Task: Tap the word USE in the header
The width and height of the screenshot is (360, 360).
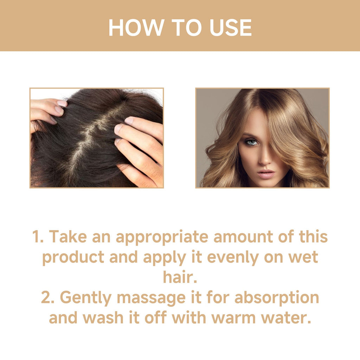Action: pyautogui.click(x=231, y=27)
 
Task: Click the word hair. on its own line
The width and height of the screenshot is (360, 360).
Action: pyautogui.click(x=180, y=277)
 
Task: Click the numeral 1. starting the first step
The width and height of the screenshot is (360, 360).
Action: pyautogui.click(x=38, y=237)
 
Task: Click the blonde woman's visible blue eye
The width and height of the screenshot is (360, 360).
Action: pyautogui.click(x=250, y=142)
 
